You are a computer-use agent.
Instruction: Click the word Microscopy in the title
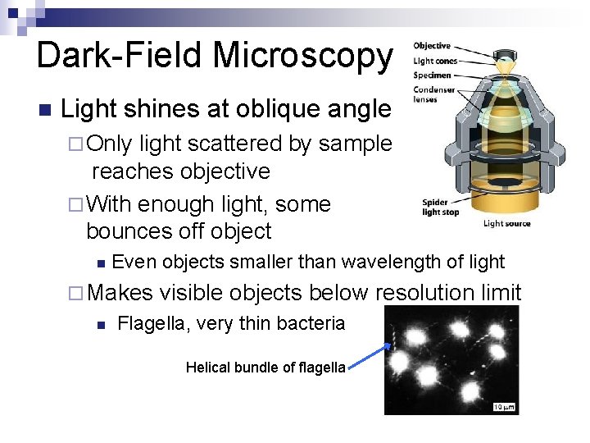point(302,55)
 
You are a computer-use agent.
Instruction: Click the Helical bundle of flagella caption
point(265,368)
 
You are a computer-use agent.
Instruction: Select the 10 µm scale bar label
point(505,406)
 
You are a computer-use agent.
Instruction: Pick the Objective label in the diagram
point(431,46)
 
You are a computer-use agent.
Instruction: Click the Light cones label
point(434,61)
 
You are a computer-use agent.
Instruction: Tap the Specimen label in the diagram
point(433,75)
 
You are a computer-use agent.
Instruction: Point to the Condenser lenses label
point(433,94)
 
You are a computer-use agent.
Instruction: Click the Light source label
point(506,223)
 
